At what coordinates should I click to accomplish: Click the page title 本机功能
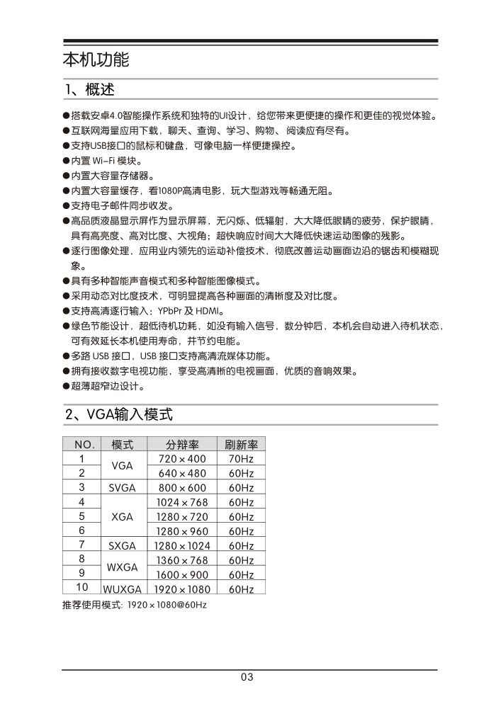(96, 59)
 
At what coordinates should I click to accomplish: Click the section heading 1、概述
(89, 90)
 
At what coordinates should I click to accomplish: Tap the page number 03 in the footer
(247, 677)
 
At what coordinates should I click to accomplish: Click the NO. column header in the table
(82, 445)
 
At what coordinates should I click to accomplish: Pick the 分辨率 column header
(181, 445)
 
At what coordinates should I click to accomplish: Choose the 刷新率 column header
(241, 445)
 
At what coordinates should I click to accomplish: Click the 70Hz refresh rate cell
(241, 459)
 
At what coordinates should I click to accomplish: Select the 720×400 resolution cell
(181, 459)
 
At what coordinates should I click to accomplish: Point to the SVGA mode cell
(123, 488)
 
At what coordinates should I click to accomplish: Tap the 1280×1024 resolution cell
(181, 546)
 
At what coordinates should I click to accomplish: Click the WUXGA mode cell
(123, 589)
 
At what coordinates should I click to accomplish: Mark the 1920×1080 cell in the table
(181, 589)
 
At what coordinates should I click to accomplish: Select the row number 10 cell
(82, 587)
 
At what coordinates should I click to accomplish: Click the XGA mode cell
(123, 517)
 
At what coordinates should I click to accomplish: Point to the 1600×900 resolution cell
(181, 575)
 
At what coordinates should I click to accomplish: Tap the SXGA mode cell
(123, 546)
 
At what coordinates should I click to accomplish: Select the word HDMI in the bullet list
(210, 311)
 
